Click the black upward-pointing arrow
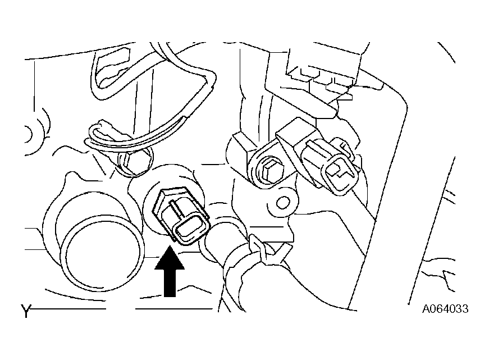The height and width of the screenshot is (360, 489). point(170,271)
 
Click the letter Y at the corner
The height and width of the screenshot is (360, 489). point(26,311)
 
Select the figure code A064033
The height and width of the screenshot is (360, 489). point(445,309)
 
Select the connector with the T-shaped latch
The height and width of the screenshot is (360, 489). point(331,165)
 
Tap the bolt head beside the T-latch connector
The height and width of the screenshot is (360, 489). point(270,172)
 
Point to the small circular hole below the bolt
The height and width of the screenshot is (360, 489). point(283,203)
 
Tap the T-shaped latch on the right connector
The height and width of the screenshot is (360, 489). point(341,170)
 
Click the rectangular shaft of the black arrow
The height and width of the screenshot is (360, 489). point(170,282)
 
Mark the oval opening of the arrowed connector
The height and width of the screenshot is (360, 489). point(189,231)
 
